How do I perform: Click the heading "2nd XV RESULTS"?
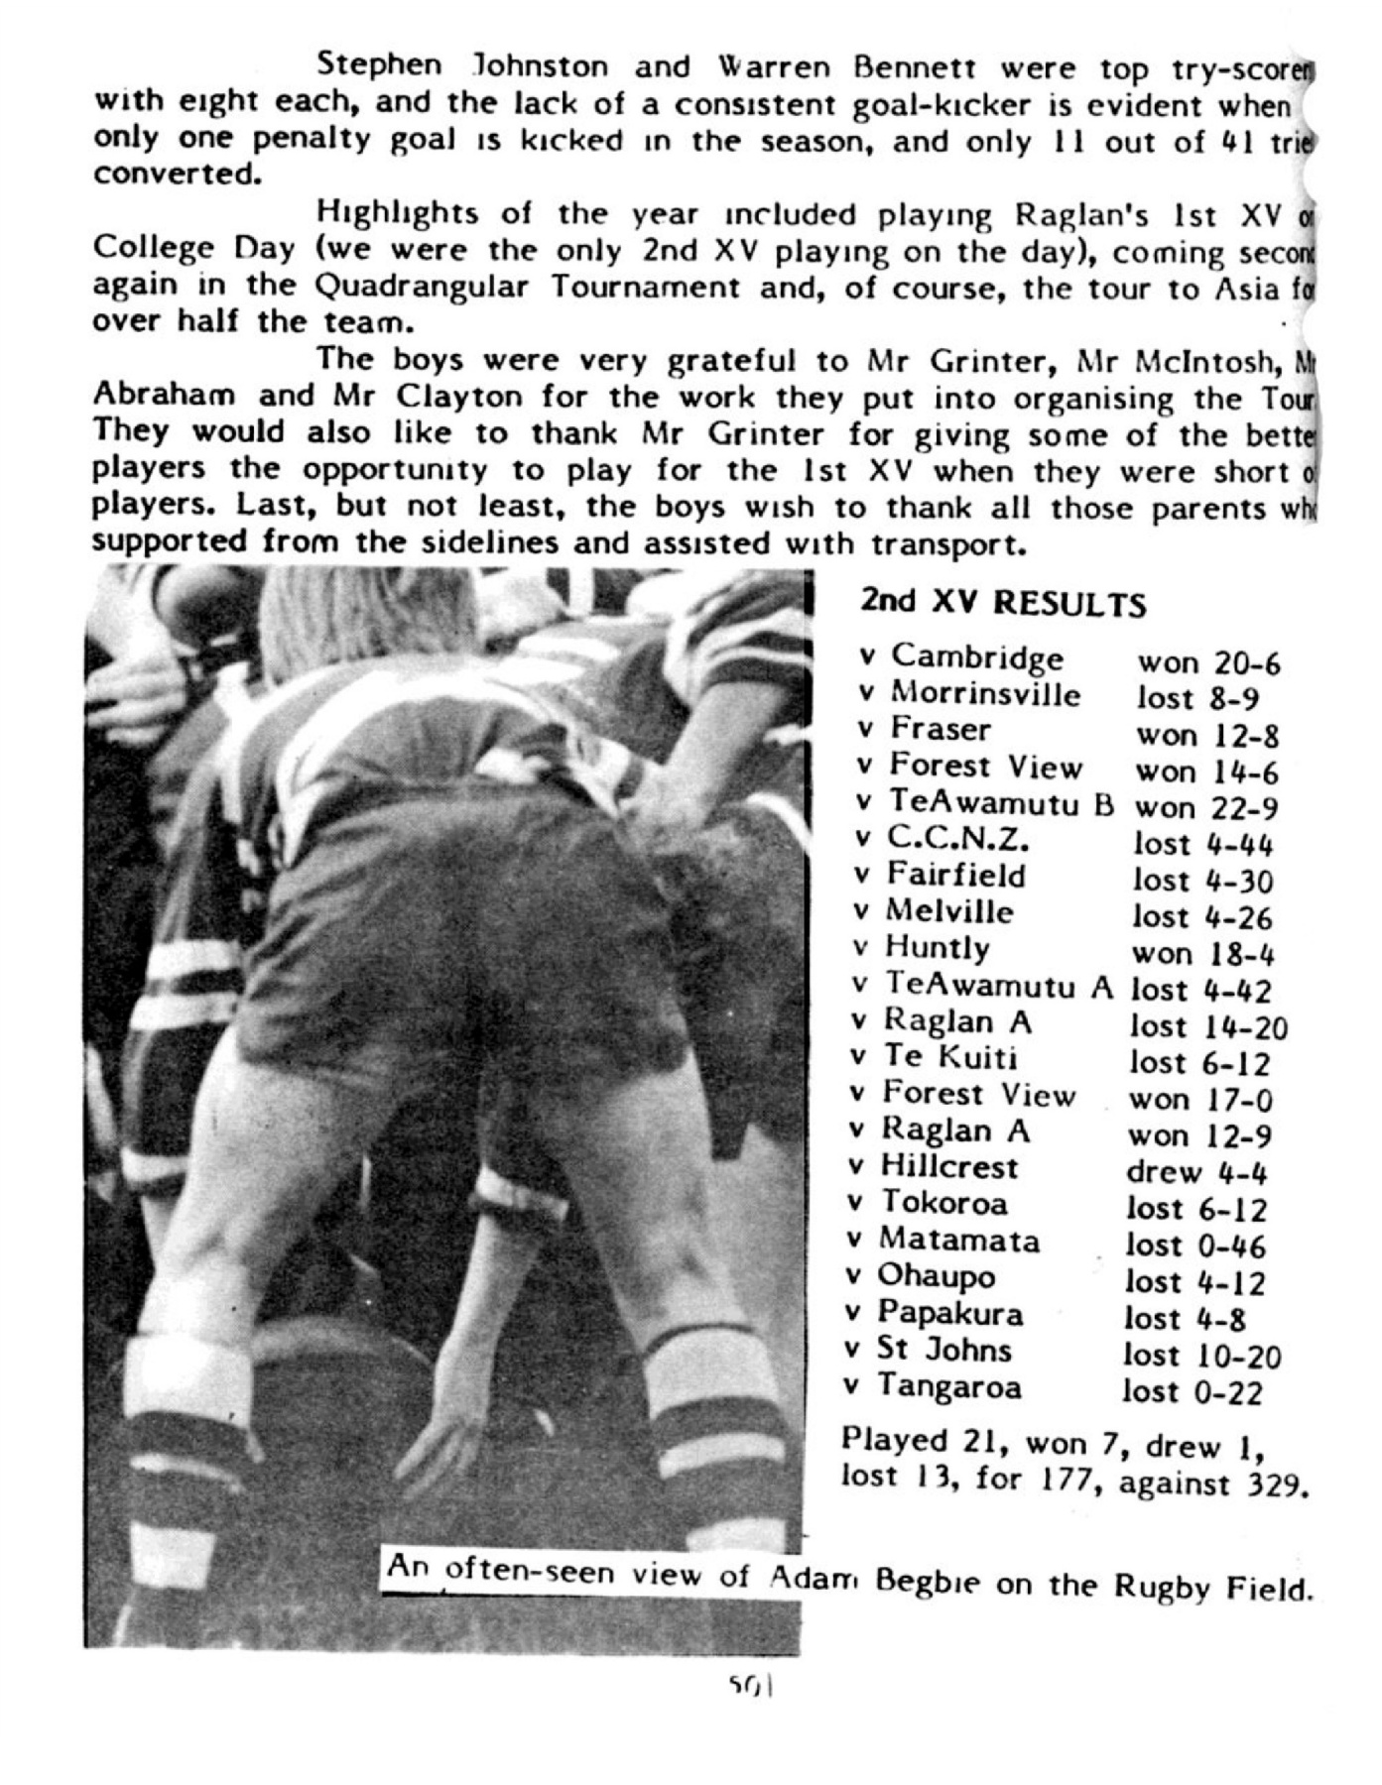click(x=1003, y=603)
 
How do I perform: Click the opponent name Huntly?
click(x=937, y=948)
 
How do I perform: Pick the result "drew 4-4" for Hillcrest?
click(x=1196, y=1173)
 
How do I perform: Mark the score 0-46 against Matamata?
click(x=1230, y=1246)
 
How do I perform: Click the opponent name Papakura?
click(x=949, y=1314)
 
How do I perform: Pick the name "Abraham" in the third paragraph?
click(x=164, y=396)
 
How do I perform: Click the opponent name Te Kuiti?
click(x=949, y=1057)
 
